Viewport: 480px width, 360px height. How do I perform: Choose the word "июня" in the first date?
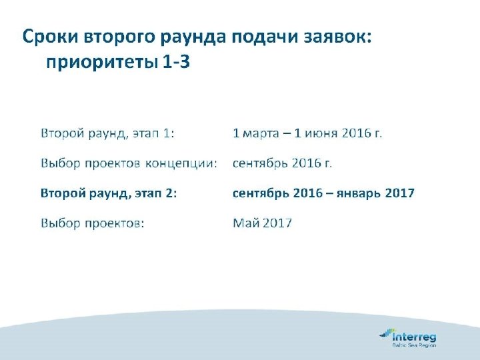click(x=321, y=133)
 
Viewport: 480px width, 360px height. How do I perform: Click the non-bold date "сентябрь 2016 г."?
click(x=282, y=163)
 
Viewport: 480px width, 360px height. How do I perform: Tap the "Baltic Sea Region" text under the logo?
click(x=413, y=345)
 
